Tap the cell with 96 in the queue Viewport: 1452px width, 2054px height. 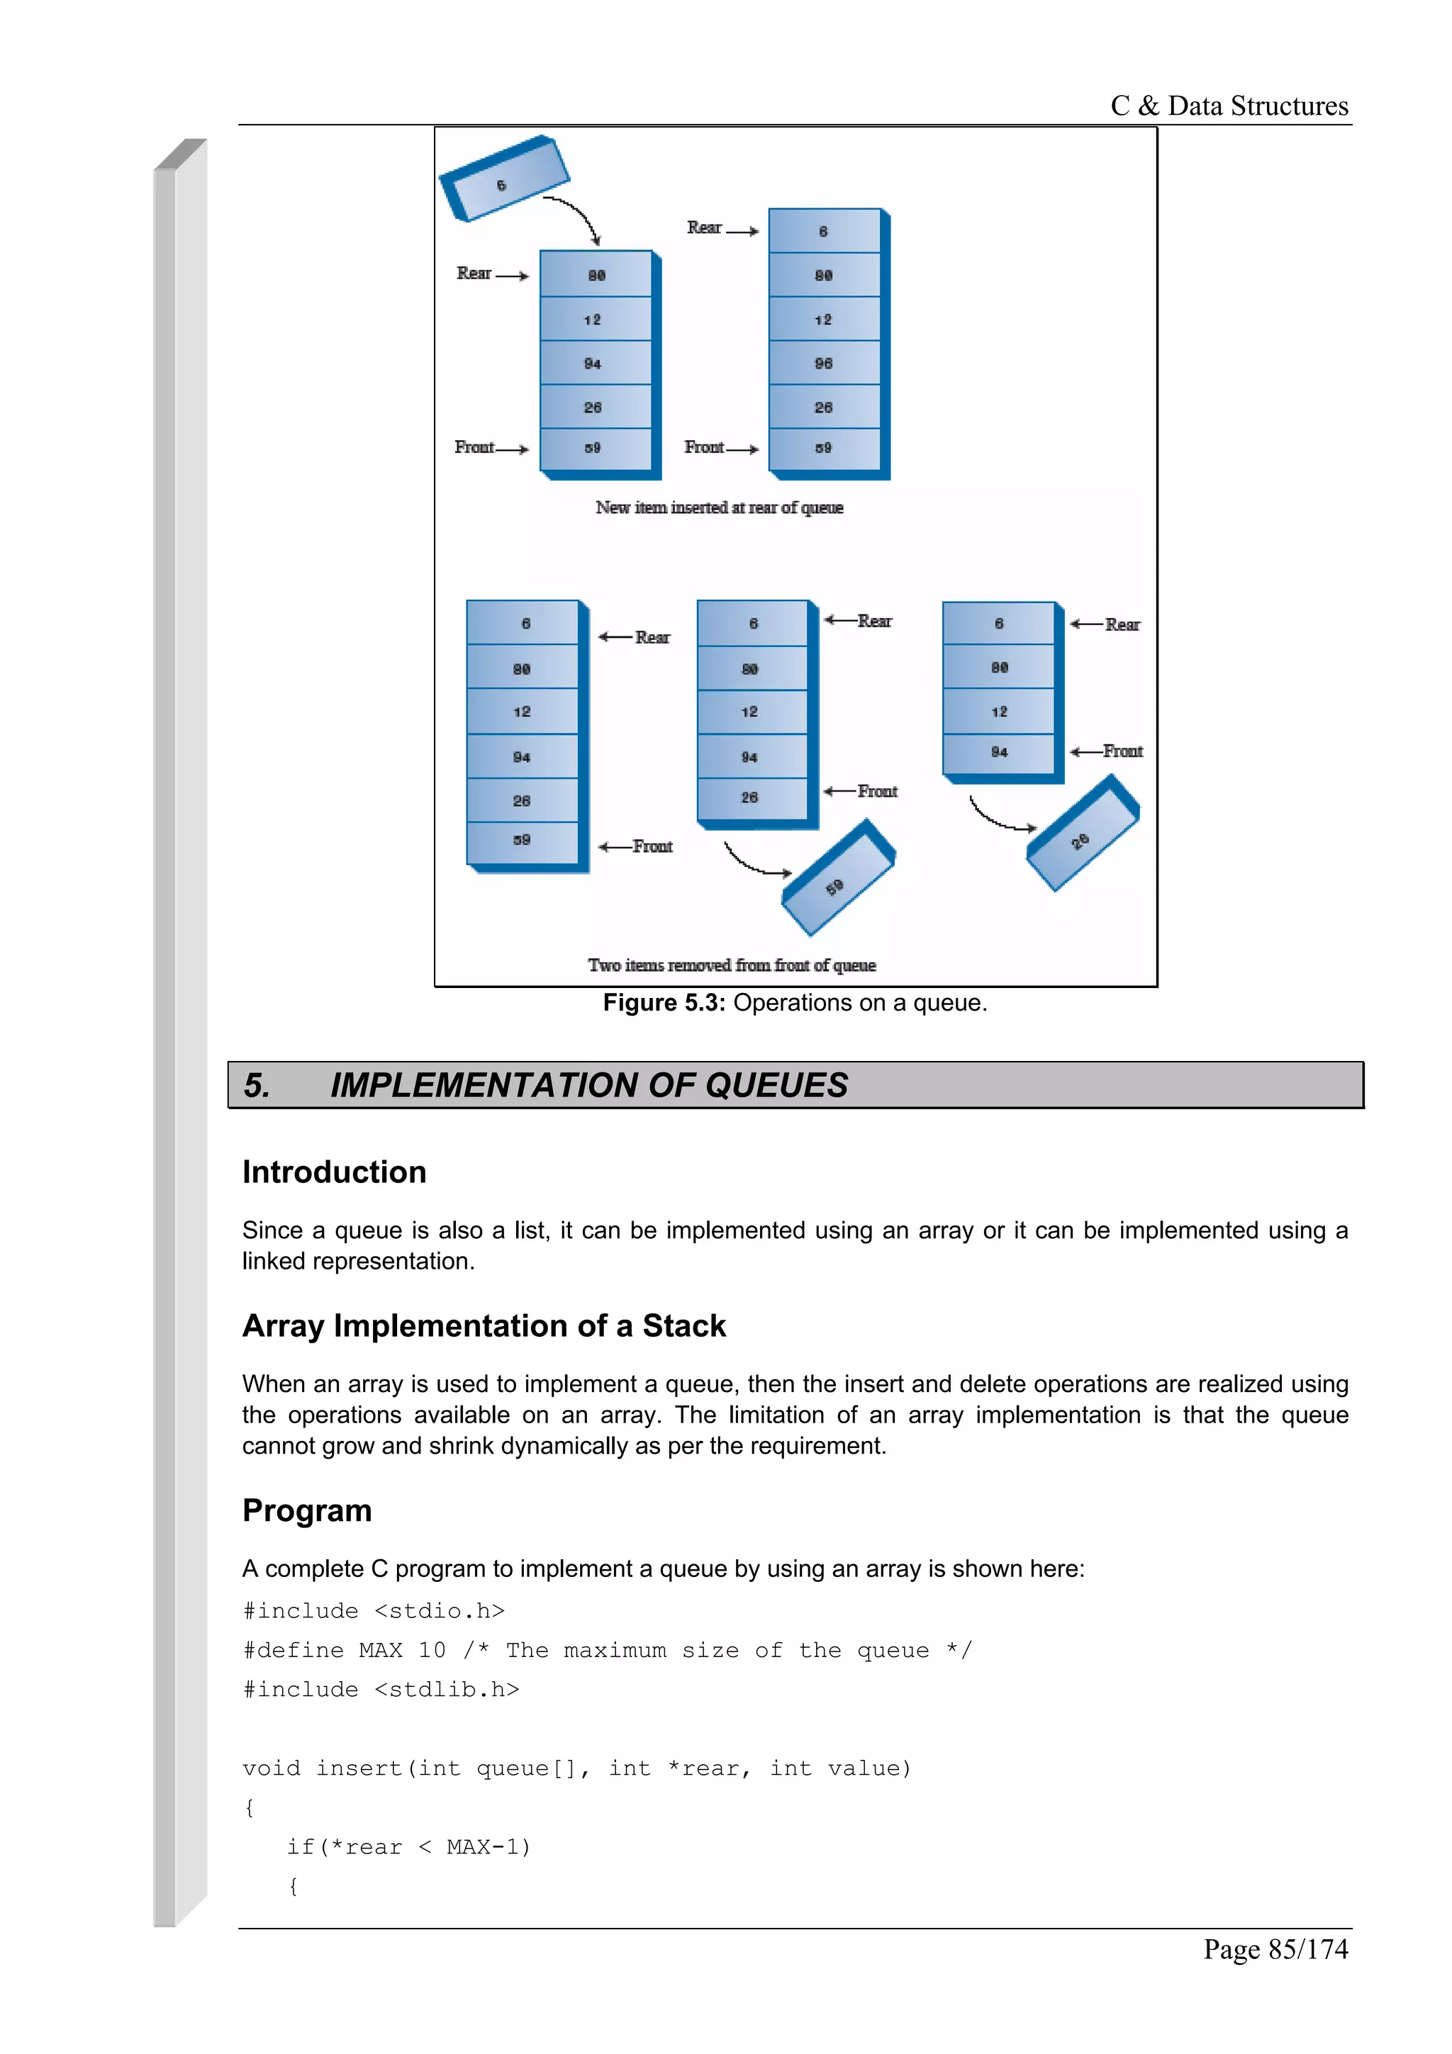(824, 363)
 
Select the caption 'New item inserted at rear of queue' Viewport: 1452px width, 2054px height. (720, 507)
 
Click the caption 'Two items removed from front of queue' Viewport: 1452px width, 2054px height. (732, 965)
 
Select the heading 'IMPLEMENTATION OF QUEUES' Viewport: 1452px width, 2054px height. (588, 1085)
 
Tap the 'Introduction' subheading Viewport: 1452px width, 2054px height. (334, 1172)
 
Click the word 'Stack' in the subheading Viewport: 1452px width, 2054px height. (683, 1326)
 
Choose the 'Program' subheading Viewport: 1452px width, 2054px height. (307, 1510)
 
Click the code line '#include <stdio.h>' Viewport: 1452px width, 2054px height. (373, 1611)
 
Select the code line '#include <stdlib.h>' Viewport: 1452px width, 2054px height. (380, 1690)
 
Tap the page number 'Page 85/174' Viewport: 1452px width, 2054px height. (1275, 1949)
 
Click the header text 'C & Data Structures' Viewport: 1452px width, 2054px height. (1229, 106)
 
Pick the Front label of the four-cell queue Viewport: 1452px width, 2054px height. (1122, 751)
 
